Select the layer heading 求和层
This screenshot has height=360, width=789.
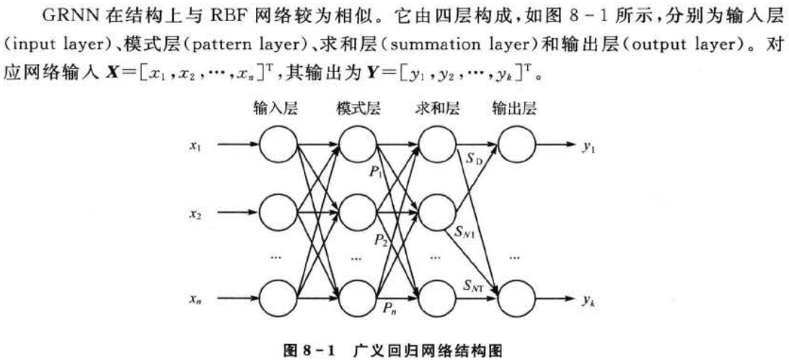[437, 109]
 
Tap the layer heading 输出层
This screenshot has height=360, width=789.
[514, 109]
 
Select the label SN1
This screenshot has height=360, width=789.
[464, 233]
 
